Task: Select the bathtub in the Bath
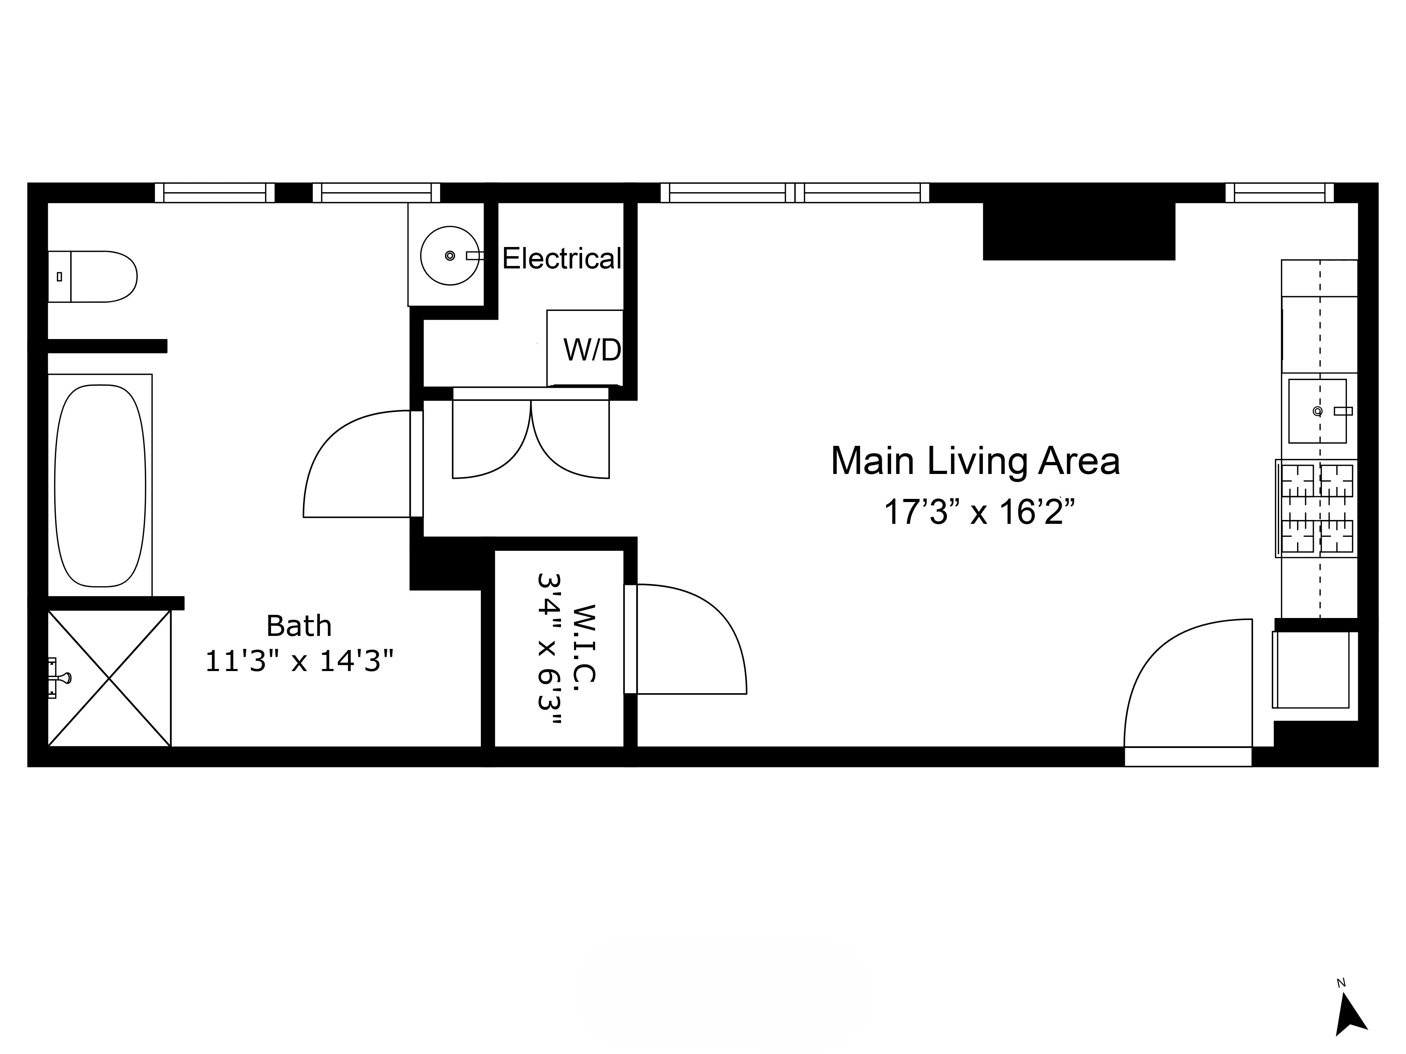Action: (100, 486)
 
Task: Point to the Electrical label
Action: (561, 259)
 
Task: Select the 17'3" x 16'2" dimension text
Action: (979, 512)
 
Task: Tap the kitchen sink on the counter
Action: (1317, 411)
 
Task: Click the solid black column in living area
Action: (1079, 231)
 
